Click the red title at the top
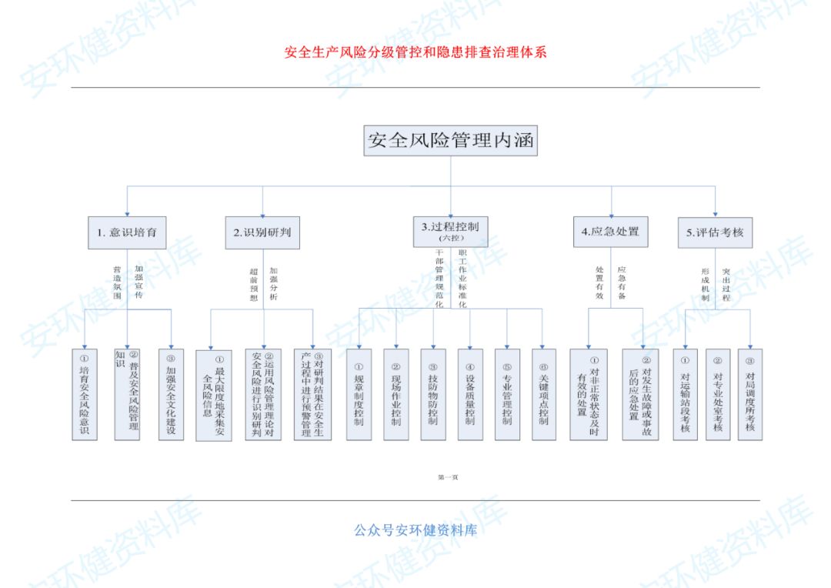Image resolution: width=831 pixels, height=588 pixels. point(415,53)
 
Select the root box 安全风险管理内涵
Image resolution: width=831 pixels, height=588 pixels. point(451,141)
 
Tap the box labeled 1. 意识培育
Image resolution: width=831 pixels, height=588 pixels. point(128,232)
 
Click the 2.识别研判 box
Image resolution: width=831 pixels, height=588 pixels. point(262,232)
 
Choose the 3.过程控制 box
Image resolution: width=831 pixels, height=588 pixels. point(450,231)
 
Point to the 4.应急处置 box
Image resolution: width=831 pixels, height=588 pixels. point(610,232)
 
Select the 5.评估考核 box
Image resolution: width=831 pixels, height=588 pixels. point(716,232)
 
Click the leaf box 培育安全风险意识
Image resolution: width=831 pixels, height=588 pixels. point(85,394)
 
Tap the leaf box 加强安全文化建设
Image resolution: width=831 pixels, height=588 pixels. point(171,394)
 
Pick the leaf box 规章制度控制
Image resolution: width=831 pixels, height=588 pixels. point(359,394)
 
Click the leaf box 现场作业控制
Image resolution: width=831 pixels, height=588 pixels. point(396,394)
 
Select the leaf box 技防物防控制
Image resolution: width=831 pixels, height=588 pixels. point(433,394)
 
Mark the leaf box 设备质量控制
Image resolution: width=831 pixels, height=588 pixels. point(470,394)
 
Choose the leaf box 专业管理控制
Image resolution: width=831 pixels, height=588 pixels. point(507,394)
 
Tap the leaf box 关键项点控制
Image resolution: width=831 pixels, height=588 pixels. point(544,394)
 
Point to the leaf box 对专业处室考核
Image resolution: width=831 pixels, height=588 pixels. point(718,394)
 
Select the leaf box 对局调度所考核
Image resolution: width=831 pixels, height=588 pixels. point(750,394)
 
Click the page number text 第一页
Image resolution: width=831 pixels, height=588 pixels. point(448,477)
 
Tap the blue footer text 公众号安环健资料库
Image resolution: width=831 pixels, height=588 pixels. point(415,530)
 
